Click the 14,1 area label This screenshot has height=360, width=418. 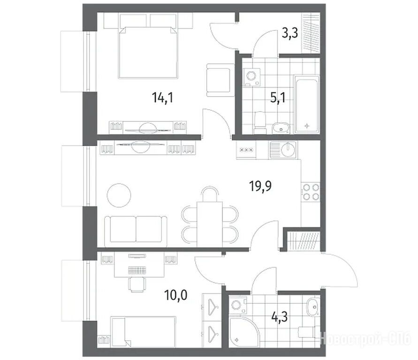[x=163, y=97]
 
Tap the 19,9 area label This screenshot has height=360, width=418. [x=260, y=186]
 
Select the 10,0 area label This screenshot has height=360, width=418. [x=176, y=295]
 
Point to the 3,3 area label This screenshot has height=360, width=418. [x=289, y=34]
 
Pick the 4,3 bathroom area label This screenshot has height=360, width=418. [x=280, y=317]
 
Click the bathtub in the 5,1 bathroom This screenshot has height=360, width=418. [x=306, y=104]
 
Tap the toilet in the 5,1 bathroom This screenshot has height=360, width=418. [x=260, y=122]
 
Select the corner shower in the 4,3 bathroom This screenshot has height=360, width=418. [x=243, y=331]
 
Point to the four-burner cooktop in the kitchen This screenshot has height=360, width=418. [x=311, y=192]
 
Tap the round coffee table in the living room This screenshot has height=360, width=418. [x=119, y=195]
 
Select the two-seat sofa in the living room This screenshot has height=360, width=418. [x=136, y=231]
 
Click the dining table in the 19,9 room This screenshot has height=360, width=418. [x=210, y=224]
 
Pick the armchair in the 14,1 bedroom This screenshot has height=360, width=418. [x=220, y=80]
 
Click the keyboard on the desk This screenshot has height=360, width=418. [x=137, y=270]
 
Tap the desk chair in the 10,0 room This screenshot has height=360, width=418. [x=137, y=285]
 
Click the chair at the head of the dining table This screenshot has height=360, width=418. [x=210, y=194]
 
